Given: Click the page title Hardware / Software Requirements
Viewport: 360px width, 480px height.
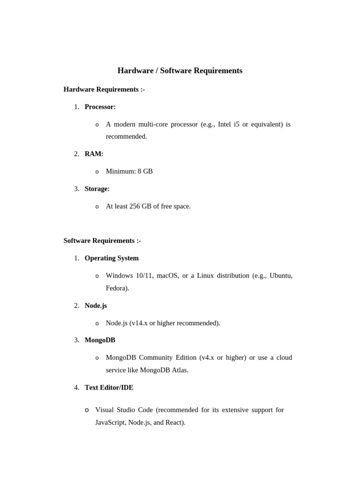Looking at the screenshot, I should tap(180, 71).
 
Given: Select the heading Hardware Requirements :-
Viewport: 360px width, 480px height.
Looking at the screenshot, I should tap(104, 90).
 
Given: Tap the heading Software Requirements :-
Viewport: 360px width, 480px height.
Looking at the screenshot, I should tap(102, 241).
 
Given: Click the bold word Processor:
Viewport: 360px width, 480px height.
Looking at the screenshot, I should tap(100, 107).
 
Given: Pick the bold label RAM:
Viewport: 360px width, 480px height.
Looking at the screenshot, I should tap(94, 154).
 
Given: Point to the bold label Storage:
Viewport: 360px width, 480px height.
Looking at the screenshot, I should tap(97, 189).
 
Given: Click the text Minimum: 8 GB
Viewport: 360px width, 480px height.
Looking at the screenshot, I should tap(129, 172).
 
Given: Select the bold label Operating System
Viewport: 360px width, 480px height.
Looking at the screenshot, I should tap(112, 258).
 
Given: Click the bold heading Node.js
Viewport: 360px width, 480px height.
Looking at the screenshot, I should tap(96, 306).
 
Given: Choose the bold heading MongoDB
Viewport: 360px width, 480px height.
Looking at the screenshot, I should tap(100, 340).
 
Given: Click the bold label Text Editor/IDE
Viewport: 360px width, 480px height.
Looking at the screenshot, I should tap(109, 388).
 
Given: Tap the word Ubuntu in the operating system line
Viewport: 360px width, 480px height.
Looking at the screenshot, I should tap(281, 276).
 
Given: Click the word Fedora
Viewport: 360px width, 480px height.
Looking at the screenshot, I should tap(116, 288).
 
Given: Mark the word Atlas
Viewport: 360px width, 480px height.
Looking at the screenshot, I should tap(180, 370).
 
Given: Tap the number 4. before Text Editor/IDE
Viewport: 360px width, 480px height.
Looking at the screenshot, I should tap(76, 388).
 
